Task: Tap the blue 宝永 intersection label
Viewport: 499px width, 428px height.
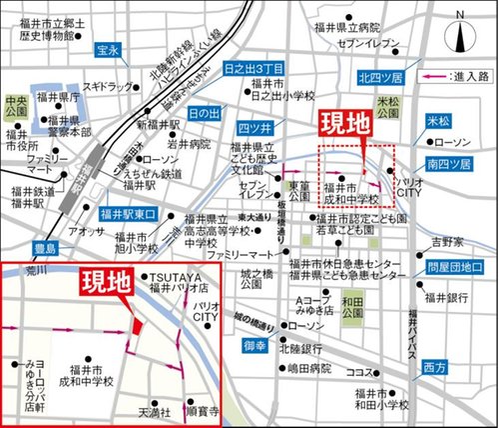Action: [x=108, y=48]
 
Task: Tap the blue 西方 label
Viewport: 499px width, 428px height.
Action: [x=435, y=368]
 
